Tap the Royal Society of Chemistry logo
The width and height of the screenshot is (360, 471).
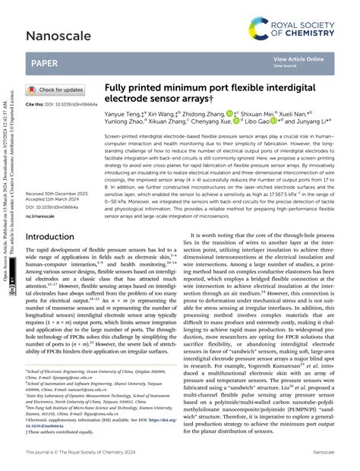click(302, 17)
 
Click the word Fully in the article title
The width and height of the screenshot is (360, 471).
click(118, 88)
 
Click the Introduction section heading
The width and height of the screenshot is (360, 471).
click(61, 236)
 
